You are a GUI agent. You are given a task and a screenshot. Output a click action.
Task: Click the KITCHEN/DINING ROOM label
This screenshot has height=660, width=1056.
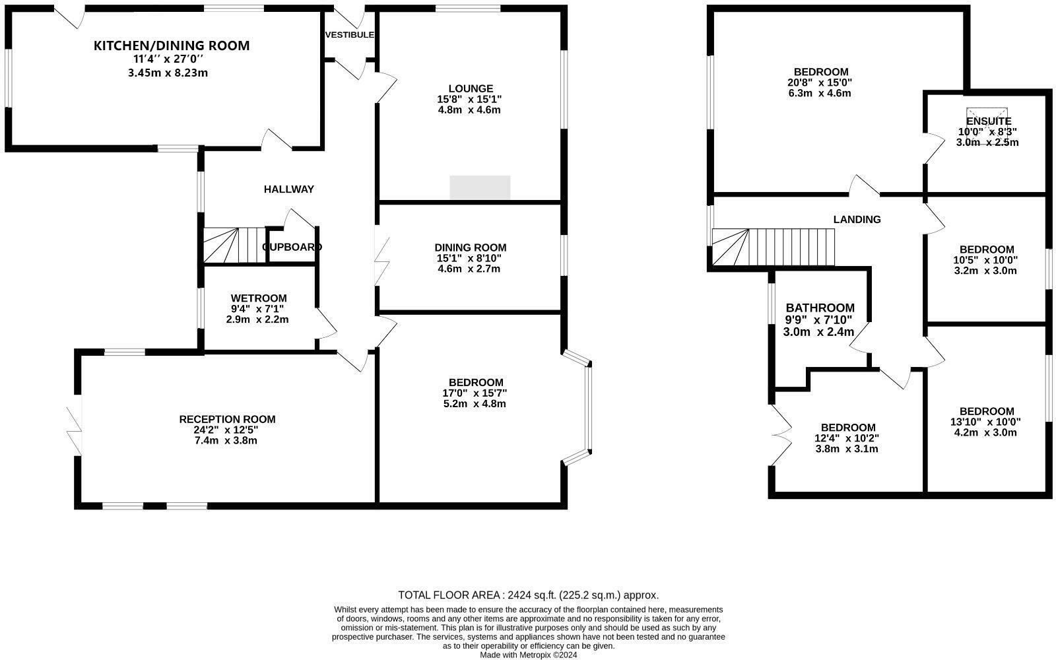[x=172, y=46]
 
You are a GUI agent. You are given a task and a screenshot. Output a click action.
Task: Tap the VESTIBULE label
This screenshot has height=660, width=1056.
[x=349, y=35]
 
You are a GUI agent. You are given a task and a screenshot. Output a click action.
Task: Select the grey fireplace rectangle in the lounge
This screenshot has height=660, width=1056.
[x=480, y=187]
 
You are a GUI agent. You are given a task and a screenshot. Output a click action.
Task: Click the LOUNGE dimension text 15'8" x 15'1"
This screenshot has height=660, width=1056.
[x=469, y=99]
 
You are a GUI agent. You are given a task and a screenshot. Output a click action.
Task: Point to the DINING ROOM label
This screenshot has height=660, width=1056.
[x=470, y=247]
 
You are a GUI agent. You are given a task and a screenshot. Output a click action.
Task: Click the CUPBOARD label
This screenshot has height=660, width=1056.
[x=292, y=247]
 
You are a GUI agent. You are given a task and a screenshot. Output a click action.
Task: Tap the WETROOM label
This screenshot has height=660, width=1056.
[x=259, y=298]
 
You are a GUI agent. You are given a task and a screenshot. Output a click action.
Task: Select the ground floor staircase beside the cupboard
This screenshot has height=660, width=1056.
[x=233, y=245]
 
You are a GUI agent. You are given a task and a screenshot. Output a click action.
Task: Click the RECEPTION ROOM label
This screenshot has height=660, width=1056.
[x=227, y=419]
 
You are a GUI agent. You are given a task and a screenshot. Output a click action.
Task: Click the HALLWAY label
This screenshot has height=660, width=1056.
[x=289, y=189]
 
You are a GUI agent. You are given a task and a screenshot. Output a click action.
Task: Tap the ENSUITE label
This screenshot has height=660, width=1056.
[x=988, y=121]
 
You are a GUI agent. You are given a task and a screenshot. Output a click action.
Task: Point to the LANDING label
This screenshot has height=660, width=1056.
[x=857, y=220]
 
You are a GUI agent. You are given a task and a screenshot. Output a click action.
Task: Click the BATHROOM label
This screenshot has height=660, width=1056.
[x=820, y=308]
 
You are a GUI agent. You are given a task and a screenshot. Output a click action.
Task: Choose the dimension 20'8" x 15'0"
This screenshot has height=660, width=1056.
[x=820, y=82]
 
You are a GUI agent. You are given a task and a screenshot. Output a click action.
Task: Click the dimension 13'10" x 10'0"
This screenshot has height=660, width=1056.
[x=985, y=422]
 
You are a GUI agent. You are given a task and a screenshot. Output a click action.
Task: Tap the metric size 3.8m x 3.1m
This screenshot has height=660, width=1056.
[x=847, y=449]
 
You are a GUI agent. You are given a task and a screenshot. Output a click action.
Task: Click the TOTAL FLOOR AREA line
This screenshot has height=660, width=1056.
[x=528, y=595]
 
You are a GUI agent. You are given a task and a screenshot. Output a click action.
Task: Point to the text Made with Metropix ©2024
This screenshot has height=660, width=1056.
[x=528, y=655]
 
